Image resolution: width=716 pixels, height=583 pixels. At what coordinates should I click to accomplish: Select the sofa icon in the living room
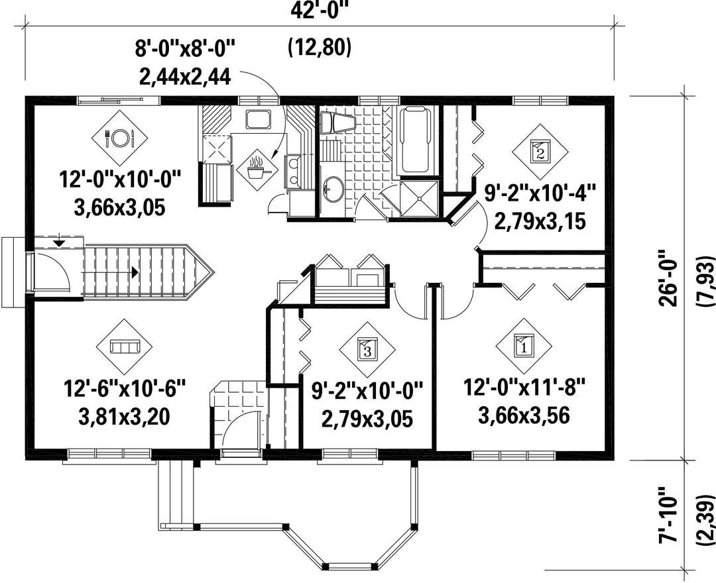tap(124, 346)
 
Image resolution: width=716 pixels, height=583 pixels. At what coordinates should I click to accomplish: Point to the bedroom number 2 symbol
tap(540, 152)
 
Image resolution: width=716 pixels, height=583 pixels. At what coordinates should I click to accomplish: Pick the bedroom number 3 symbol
tap(367, 350)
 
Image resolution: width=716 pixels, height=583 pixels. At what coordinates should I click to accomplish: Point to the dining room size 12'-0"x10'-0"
tap(120, 180)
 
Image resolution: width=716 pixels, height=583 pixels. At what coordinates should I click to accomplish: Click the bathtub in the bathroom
tap(416, 140)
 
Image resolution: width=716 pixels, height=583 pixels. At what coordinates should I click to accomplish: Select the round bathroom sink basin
tap(333, 188)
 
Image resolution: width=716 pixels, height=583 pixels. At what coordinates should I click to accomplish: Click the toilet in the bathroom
tap(337, 123)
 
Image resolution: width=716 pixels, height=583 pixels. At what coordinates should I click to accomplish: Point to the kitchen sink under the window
tap(259, 119)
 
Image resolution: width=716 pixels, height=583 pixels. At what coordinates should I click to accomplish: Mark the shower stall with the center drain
tap(419, 198)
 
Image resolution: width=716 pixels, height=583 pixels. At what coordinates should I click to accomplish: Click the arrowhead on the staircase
tap(135, 272)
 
